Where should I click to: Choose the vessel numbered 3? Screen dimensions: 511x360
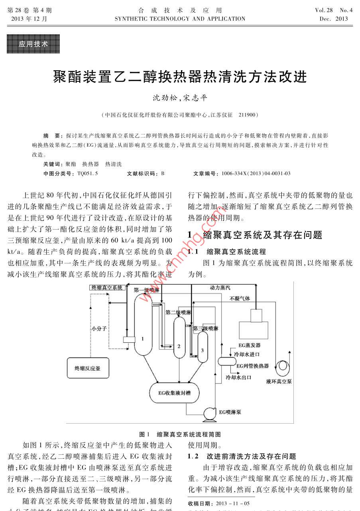(x=203, y=347)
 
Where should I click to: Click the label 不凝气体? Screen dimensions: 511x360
(x=240, y=298)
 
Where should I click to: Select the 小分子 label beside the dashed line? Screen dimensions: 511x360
(x=99, y=329)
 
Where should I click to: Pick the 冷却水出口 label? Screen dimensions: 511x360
(x=238, y=377)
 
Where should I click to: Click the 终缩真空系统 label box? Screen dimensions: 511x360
(x=106, y=287)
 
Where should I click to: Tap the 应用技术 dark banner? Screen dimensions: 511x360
(x=33, y=44)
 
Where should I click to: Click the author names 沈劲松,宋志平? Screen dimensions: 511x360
(x=180, y=98)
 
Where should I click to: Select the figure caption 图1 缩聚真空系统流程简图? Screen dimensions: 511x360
(x=180, y=434)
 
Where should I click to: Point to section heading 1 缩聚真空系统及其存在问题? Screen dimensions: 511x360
(x=255, y=235)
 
